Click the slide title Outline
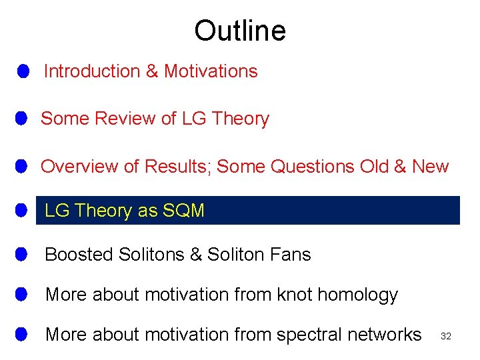pos(240,31)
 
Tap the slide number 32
pos(446,337)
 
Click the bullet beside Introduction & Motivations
pos(23,71)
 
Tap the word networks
pos(387,335)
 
